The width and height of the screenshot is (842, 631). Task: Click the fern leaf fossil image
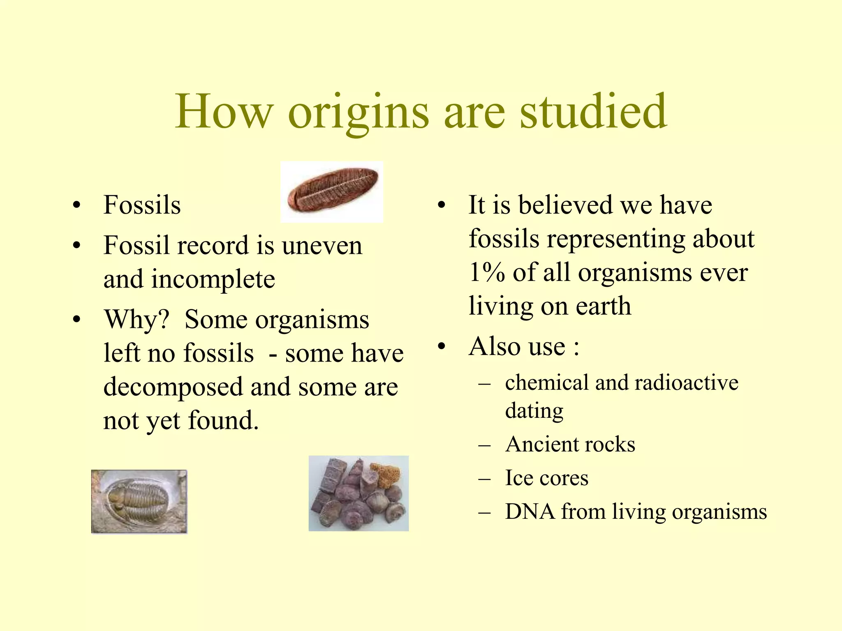tap(332, 192)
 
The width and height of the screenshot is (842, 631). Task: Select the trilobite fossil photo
tap(139, 502)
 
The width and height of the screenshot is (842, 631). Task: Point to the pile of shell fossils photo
tap(359, 493)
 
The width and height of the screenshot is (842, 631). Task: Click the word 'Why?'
tap(136, 319)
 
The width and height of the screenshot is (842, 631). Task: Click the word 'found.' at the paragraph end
tap(223, 420)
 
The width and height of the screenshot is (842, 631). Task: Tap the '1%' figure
tap(487, 272)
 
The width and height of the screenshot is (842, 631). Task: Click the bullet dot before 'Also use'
tap(441, 347)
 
